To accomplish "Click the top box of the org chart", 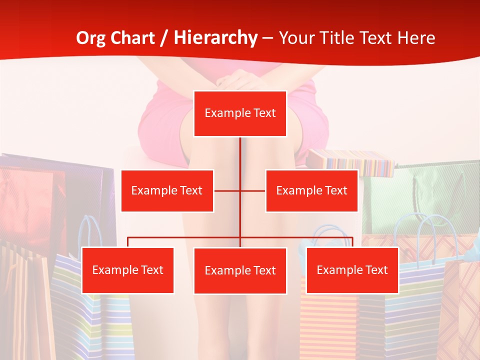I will (x=240, y=113).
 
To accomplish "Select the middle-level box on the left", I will (x=167, y=190).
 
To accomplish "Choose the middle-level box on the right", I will (x=311, y=190).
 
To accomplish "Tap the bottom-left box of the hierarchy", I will (x=127, y=270).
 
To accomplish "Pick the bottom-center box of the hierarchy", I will (x=240, y=270).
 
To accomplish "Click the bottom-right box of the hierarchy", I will (x=352, y=270).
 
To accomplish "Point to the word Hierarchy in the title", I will (x=215, y=38).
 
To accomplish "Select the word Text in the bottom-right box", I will (x=375, y=270).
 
